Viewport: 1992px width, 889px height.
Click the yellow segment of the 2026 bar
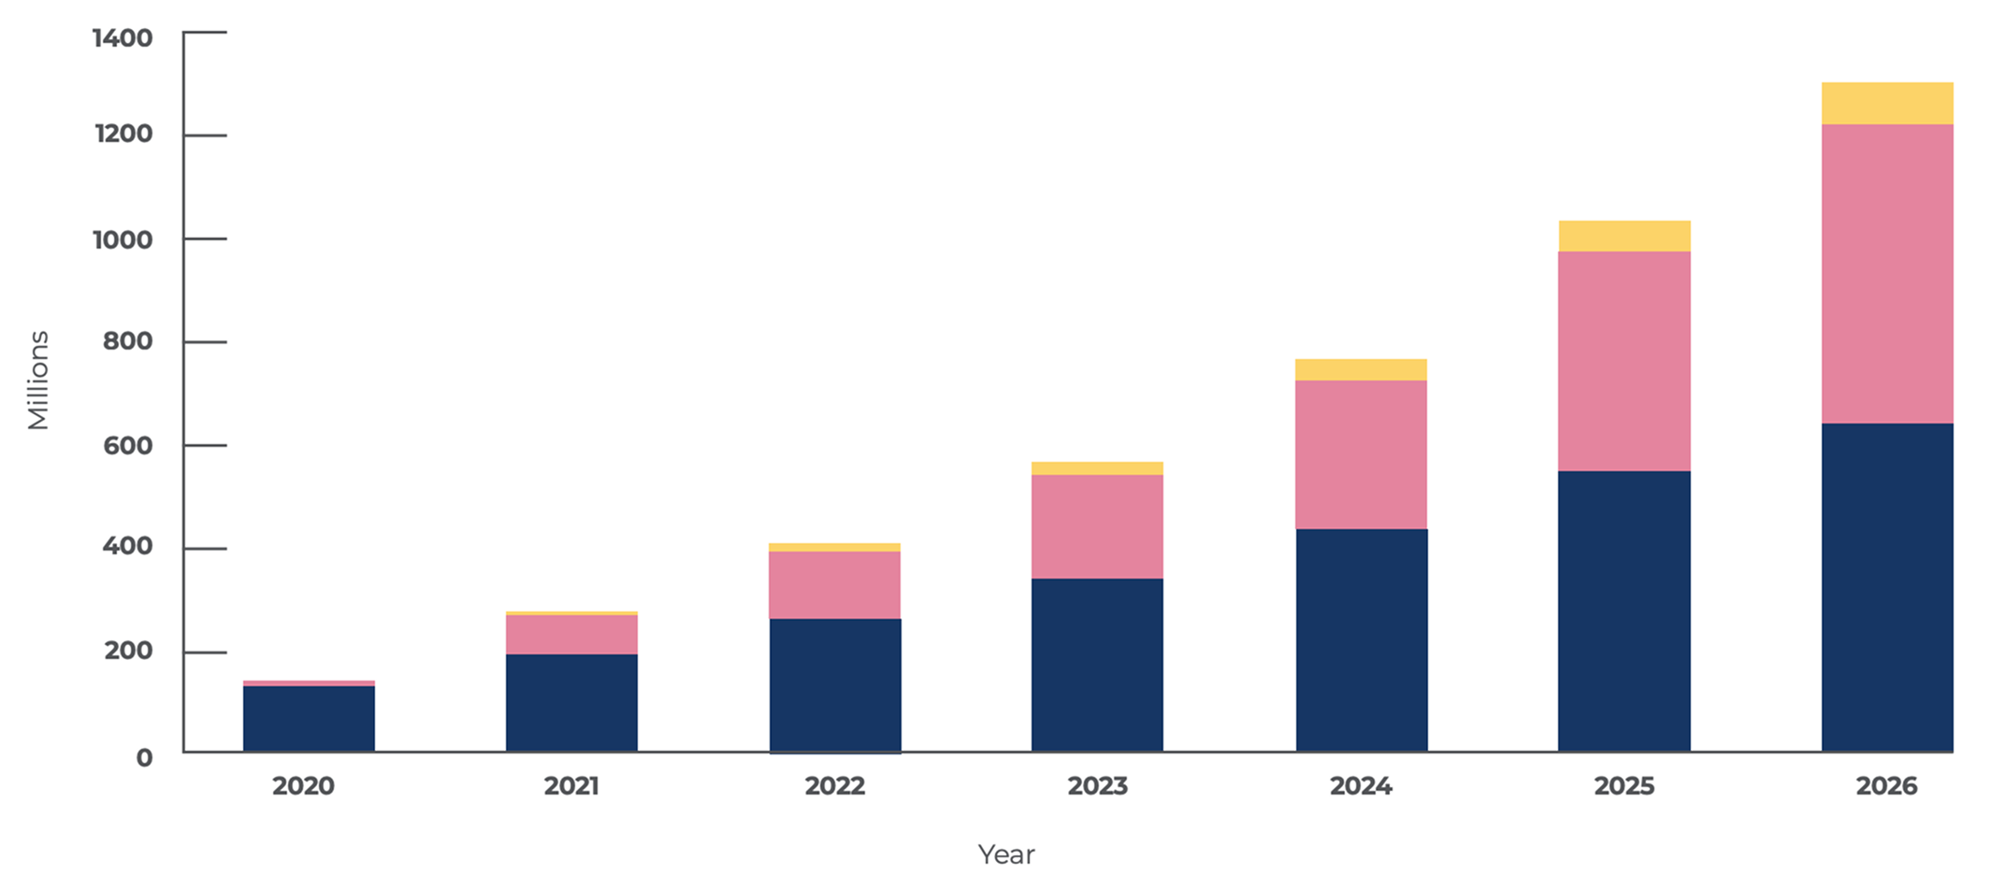coord(1886,104)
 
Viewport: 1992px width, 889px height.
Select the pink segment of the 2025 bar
coord(1624,361)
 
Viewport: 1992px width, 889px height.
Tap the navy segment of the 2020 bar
coord(309,718)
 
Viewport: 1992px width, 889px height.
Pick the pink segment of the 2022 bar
coord(834,584)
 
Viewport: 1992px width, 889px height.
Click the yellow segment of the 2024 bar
coord(1361,369)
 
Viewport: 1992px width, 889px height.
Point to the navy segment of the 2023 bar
coord(1097,665)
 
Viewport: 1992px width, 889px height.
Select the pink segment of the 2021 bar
coord(571,634)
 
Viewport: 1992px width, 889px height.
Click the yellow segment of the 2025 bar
coord(1624,236)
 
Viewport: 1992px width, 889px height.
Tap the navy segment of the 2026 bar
coord(1886,587)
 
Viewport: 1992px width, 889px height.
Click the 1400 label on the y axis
coord(123,38)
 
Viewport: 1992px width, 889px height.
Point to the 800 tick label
coord(128,341)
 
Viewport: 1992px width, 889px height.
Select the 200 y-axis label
coord(128,651)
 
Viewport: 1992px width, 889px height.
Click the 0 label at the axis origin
coord(144,757)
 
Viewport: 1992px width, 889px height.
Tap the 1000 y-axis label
coord(123,240)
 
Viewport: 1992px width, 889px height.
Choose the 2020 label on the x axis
coord(303,786)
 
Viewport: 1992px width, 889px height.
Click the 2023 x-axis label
coord(1097,786)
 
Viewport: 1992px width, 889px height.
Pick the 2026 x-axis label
coord(1886,786)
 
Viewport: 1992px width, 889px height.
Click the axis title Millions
coord(38,380)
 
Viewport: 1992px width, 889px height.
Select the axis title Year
coord(1005,854)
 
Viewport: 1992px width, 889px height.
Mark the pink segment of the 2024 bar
coord(1361,454)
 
